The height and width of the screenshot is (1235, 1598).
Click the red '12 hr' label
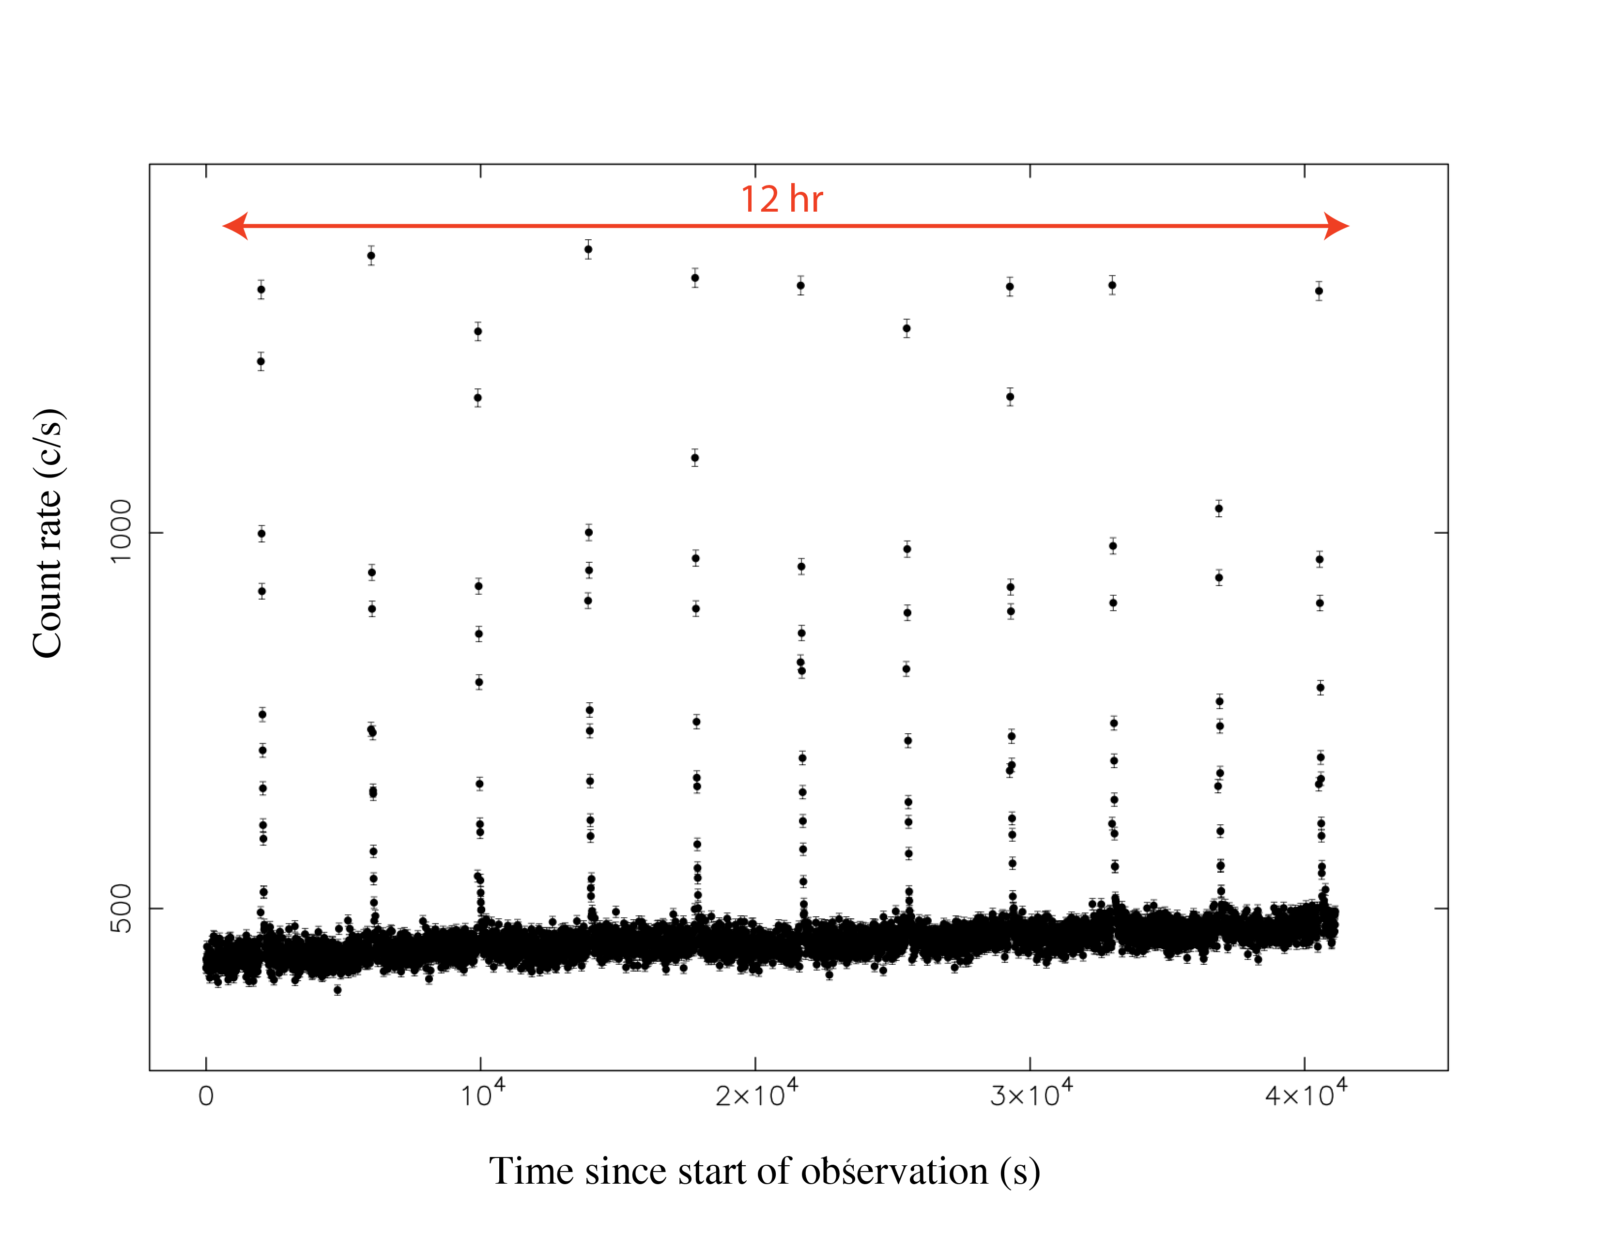point(782,199)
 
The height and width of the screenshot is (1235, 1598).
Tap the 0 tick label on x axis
point(206,1096)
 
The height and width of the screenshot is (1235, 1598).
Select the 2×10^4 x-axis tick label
point(756,1094)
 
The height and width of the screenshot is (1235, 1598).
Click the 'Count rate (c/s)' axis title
point(48,533)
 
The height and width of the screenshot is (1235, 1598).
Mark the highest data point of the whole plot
point(588,249)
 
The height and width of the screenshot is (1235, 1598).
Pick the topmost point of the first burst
point(261,290)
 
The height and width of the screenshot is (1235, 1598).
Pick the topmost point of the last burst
point(1319,291)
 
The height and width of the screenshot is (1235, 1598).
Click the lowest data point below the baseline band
point(338,990)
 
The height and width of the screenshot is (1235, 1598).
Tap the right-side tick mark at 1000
point(1441,533)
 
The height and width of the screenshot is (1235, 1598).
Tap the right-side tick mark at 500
point(1441,908)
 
